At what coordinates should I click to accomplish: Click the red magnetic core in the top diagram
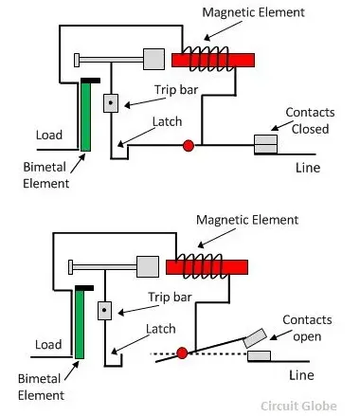[x=215, y=60]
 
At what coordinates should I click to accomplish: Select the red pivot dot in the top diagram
[x=188, y=145]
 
